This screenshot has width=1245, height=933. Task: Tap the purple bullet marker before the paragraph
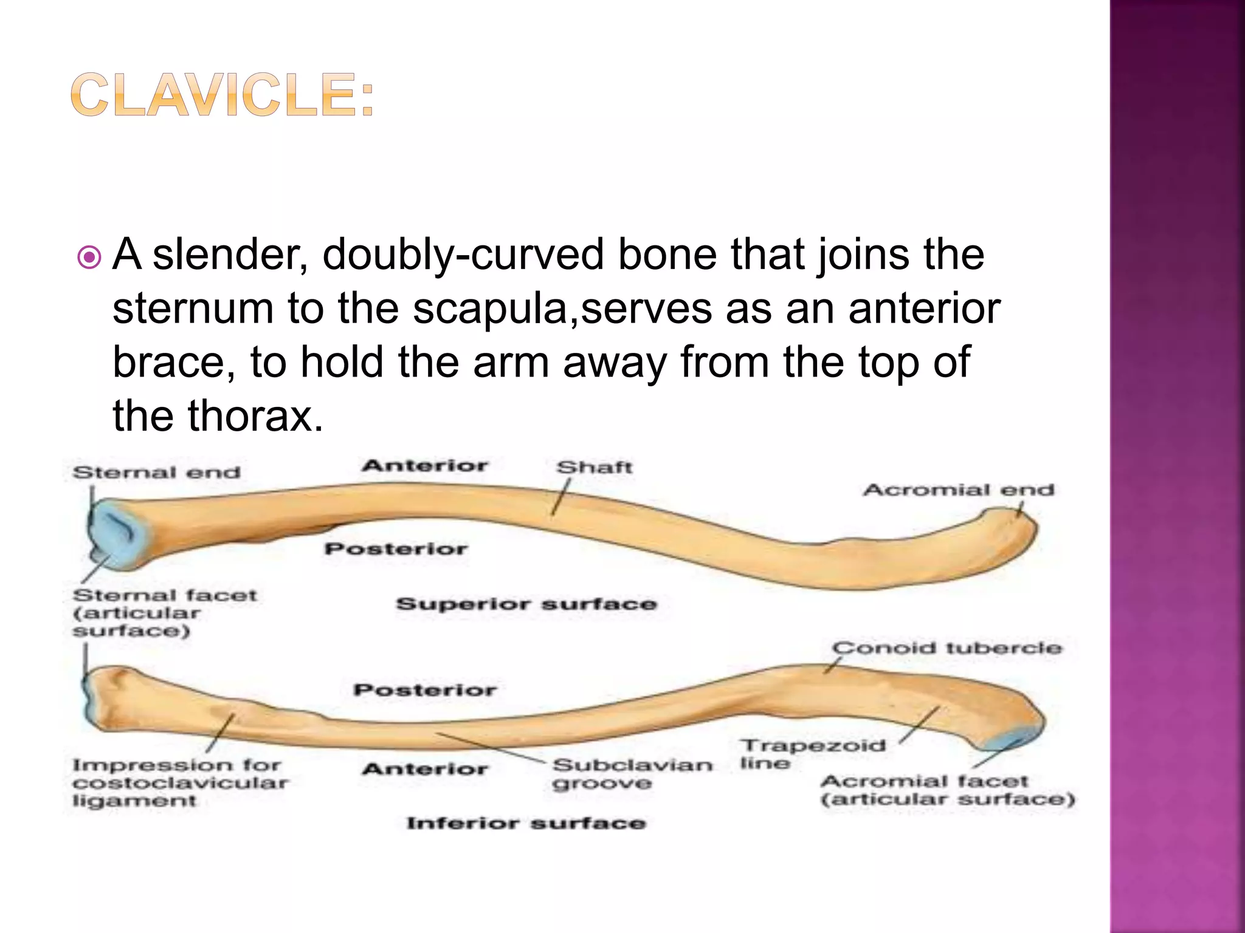click(x=89, y=258)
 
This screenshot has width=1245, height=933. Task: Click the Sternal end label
click(x=156, y=473)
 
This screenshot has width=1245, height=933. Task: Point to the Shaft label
click(x=594, y=467)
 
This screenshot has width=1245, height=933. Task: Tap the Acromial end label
click(x=958, y=490)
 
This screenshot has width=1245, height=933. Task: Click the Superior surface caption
click(x=526, y=604)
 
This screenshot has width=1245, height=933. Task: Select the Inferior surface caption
click(x=526, y=823)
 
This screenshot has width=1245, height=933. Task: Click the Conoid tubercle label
click(x=947, y=648)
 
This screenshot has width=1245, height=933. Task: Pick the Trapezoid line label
click(x=812, y=753)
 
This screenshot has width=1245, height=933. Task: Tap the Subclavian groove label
click(x=632, y=773)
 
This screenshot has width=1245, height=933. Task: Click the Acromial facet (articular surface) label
click(x=947, y=790)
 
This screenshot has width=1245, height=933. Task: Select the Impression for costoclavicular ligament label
click(x=179, y=782)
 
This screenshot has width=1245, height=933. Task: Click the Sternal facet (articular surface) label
click(x=164, y=612)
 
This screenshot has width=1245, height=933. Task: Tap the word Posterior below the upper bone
click(x=396, y=549)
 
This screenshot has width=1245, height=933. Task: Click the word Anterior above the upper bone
click(x=425, y=466)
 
